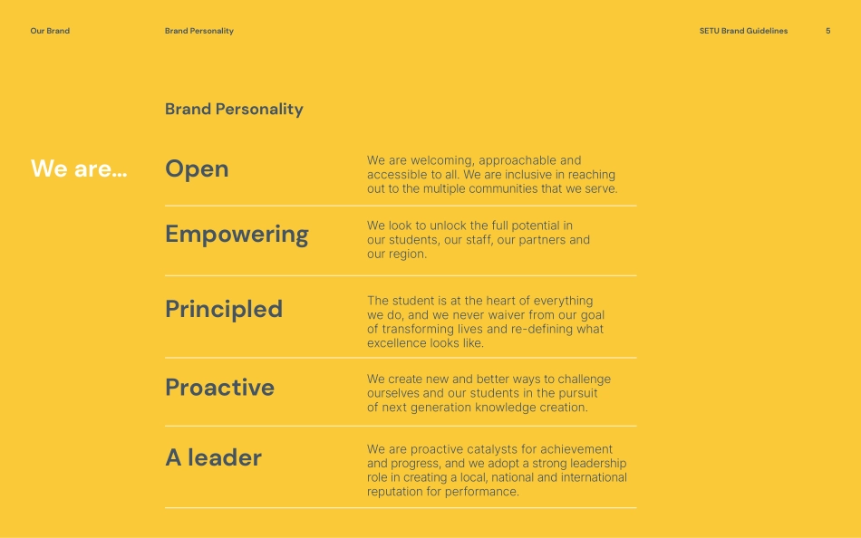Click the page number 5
(828, 31)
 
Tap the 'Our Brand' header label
(50, 31)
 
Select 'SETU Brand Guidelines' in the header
(743, 31)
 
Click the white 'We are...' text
(79, 168)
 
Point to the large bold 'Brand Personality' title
(234, 110)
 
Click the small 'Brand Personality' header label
(199, 31)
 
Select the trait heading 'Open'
(197, 169)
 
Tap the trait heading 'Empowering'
(237, 235)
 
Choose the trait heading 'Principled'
(224, 310)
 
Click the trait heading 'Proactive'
(219, 388)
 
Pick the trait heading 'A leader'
(214, 458)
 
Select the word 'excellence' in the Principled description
(395, 343)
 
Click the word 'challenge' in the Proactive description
(585, 379)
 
